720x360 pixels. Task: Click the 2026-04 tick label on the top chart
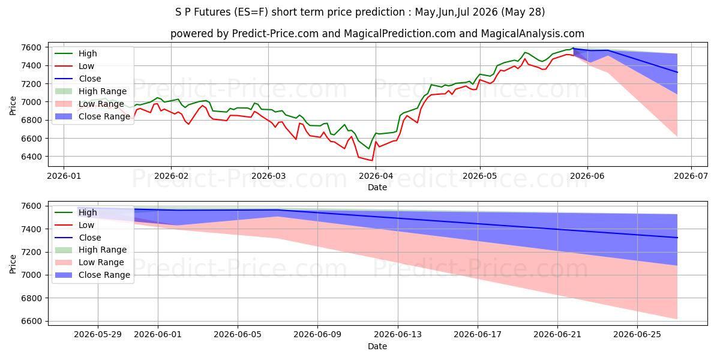click(x=376, y=176)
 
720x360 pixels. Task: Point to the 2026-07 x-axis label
click(x=691, y=176)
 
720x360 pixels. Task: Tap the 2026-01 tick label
click(x=64, y=176)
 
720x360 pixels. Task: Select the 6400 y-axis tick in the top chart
click(x=31, y=157)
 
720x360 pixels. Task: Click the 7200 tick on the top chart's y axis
click(x=31, y=84)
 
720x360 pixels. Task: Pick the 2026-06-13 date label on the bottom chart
click(x=398, y=335)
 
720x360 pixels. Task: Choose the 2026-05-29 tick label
click(x=98, y=335)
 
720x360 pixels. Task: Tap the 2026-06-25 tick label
click(x=637, y=335)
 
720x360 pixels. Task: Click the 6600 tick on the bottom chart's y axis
click(x=31, y=321)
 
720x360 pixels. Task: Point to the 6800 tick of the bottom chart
click(x=31, y=298)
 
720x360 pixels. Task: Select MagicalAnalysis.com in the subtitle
click(x=532, y=34)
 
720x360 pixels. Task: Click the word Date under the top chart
click(x=377, y=187)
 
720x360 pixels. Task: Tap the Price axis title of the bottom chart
click(x=13, y=264)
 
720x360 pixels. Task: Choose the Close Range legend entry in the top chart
click(x=92, y=116)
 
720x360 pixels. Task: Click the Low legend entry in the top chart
click(x=74, y=66)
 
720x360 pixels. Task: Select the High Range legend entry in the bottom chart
click(x=91, y=250)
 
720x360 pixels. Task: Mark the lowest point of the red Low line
click(x=372, y=160)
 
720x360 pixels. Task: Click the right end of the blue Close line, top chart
click(x=677, y=73)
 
